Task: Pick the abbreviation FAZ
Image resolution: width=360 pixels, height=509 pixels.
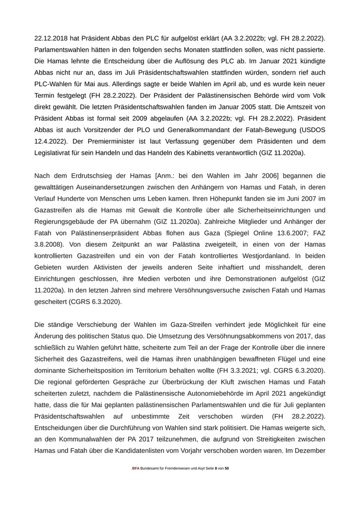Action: tap(317, 231)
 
